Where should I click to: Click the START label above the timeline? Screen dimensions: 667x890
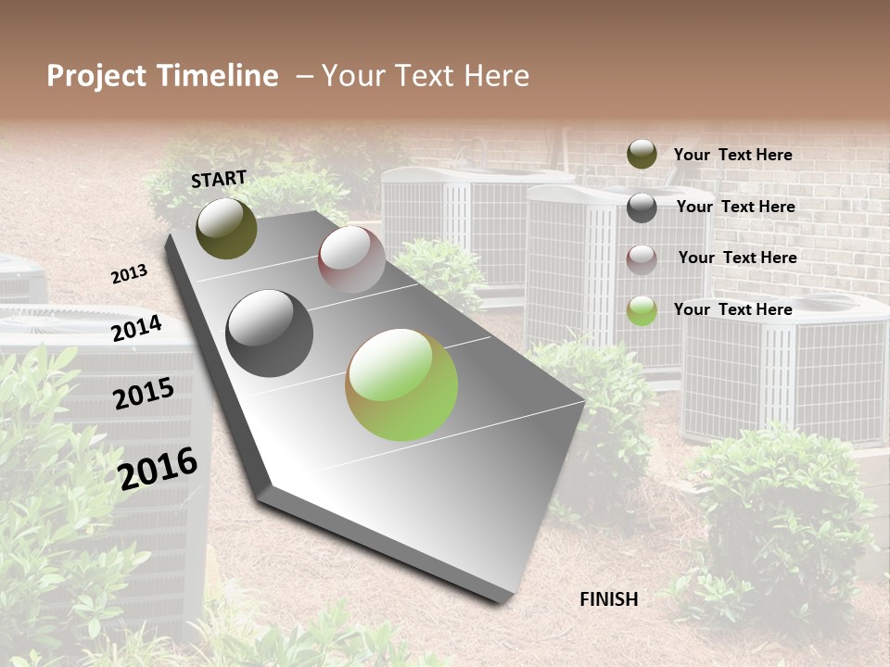pyautogui.click(x=219, y=178)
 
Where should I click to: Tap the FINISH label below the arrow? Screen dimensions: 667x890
pyautogui.click(x=609, y=599)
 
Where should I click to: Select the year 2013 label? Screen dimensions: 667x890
pyautogui.click(x=130, y=274)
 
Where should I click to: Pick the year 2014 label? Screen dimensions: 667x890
pyautogui.click(x=137, y=329)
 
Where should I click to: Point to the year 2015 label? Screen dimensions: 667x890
pyautogui.click(x=144, y=394)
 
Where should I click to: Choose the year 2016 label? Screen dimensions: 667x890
pyautogui.click(x=159, y=468)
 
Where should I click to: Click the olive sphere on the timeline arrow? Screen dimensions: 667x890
pyautogui.click(x=226, y=228)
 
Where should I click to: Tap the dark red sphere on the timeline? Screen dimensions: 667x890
pyautogui.click(x=351, y=259)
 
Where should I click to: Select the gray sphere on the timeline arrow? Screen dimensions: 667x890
pyautogui.click(x=270, y=333)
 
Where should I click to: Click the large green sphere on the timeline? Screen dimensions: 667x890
pyautogui.click(x=401, y=384)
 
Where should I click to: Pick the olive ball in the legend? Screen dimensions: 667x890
pyautogui.click(x=642, y=154)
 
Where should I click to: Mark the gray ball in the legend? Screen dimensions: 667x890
pyautogui.click(x=642, y=208)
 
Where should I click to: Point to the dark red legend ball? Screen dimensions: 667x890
pyautogui.click(x=642, y=259)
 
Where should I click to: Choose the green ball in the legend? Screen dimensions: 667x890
pyautogui.click(x=642, y=310)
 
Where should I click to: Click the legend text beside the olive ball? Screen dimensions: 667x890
pyautogui.click(x=732, y=155)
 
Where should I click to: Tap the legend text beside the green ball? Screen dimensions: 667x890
pyautogui.click(x=732, y=309)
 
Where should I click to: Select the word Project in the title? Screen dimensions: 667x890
pyautogui.click(x=95, y=76)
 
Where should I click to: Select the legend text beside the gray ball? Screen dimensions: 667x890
pyautogui.click(x=735, y=207)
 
